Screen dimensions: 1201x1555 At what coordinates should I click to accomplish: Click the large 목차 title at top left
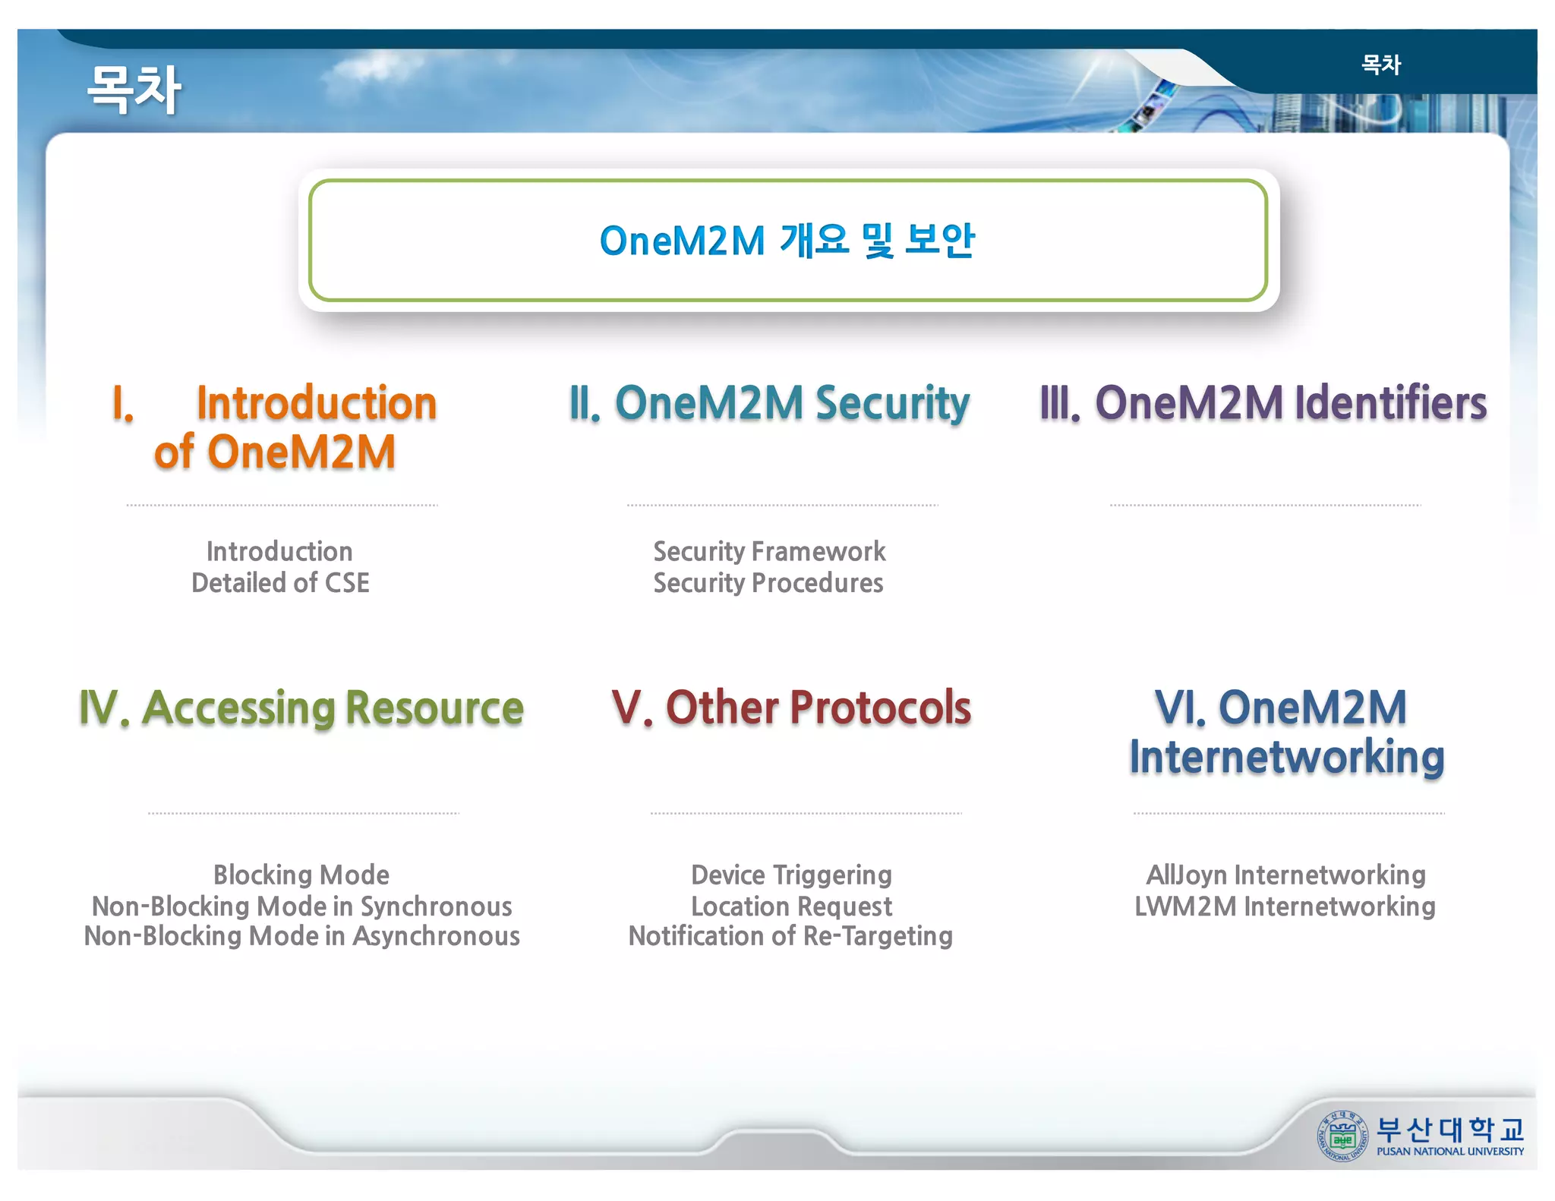click(x=134, y=90)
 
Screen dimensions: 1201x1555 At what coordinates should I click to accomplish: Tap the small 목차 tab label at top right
click(x=1380, y=65)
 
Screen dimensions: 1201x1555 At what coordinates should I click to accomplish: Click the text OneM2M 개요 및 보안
click(x=787, y=241)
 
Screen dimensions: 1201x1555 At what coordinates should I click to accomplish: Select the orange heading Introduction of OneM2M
click(x=275, y=427)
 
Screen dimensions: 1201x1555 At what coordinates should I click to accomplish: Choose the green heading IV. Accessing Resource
click(x=301, y=708)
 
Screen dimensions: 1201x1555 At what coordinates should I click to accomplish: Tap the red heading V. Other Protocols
click(x=791, y=708)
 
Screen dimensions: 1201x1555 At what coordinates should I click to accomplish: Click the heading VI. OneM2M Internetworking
click(x=1285, y=732)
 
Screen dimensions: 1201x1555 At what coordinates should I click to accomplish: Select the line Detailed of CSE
click(x=280, y=583)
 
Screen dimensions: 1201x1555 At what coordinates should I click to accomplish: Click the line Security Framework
click(x=769, y=551)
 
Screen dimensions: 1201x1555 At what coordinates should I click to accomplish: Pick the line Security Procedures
click(x=768, y=583)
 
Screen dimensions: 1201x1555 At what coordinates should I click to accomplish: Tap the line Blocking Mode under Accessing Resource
click(x=301, y=875)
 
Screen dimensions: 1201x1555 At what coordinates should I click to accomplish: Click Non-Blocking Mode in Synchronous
click(x=301, y=906)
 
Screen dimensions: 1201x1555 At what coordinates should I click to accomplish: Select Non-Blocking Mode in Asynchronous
click(x=301, y=936)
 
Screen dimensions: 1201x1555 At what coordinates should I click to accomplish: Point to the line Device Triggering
click(x=791, y=875)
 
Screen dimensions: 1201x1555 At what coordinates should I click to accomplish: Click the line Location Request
click(x=791, y=906)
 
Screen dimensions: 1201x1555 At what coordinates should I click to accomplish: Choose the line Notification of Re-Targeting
click(x=790, y=936)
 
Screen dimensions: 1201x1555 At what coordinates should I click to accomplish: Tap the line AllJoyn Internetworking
click(x=1285, y=875)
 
